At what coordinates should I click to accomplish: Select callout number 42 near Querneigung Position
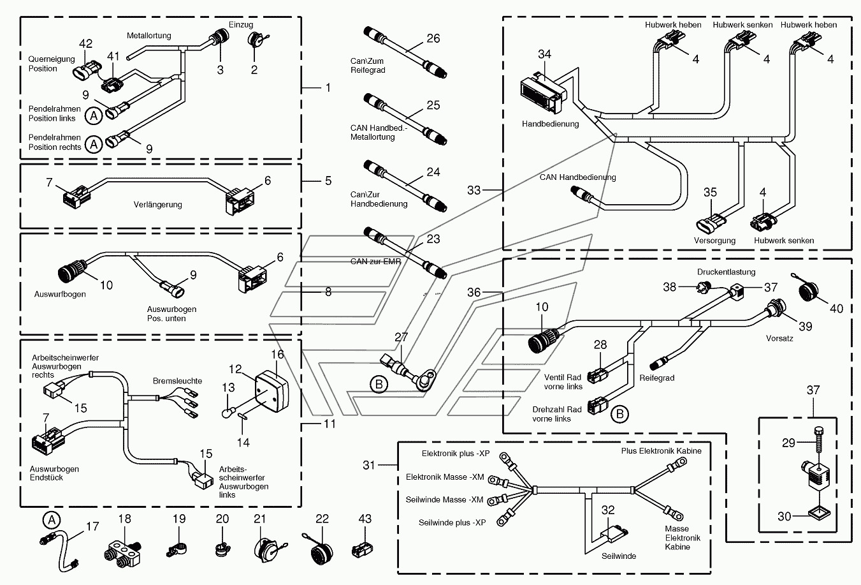coord(85,43)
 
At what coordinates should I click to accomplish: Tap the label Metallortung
coord(148,36)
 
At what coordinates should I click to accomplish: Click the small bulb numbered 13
coord(227,413)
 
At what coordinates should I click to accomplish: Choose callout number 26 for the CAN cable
coord(433,38)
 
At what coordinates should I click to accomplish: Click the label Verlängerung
coord(157,205)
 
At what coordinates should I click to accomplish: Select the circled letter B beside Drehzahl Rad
coord(619,414)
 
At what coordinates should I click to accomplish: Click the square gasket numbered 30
coord(820,514)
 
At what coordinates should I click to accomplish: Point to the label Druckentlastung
coord(726,272)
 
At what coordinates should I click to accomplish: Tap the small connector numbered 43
coord(363,549)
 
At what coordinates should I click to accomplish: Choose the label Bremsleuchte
coord(177,381)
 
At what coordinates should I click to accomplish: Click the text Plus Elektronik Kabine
coord(661,450)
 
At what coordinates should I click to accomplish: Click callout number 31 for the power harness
coord(368,465)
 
